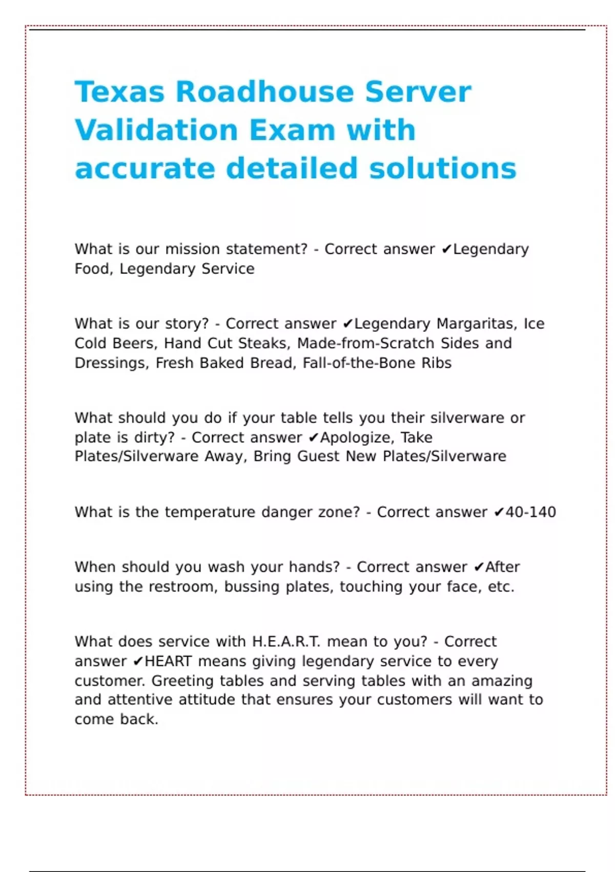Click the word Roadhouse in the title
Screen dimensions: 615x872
[x=264, y=92]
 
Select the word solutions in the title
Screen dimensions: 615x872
[x=442, y=169]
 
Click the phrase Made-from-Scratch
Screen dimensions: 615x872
[x=365, y=343]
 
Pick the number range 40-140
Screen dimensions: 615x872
[x=530, y=512]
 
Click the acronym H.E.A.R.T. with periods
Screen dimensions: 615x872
[x=286, y=642]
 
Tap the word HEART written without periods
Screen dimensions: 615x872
[x=168, y=661]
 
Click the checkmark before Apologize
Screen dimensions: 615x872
[x=314, y=438]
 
